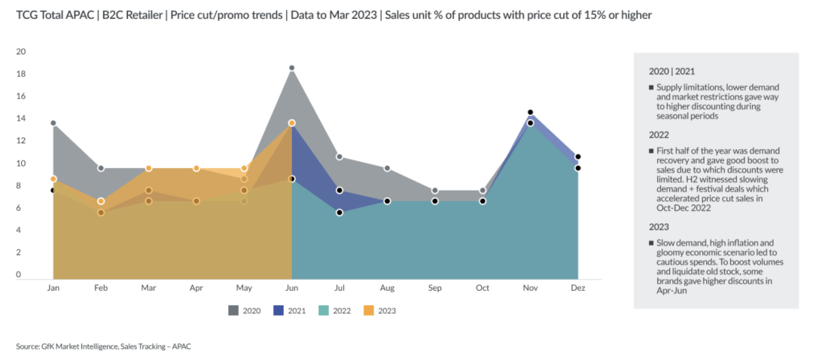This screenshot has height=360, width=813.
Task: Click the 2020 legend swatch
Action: coord(234,310)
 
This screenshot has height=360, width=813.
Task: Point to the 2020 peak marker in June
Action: coord(292,68)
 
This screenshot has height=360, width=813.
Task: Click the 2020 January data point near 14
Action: coord(53,124)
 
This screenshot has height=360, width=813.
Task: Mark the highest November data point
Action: coord(531,112)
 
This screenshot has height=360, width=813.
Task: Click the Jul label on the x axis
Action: coord(340,288)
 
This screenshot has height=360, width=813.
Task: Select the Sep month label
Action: coord(435,288)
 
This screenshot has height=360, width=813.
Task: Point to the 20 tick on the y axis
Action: coord(21,52)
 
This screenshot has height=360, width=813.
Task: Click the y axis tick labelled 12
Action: coord(21,141)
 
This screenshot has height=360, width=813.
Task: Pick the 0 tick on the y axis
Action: coord(19,274)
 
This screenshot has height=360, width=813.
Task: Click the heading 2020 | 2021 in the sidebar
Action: coord(671,72)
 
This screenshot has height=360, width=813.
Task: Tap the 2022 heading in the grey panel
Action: coord(659,135)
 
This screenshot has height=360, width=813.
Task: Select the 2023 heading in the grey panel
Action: coord(659,227)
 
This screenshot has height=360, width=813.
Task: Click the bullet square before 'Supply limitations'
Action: coord(651,87)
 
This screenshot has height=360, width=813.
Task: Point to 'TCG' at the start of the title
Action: coord(26,16)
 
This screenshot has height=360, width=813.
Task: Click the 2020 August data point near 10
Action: coord(388,169)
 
